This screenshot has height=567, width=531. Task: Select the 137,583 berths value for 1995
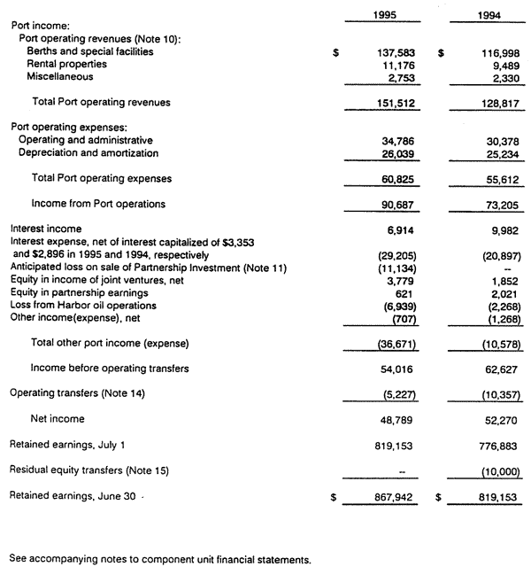pos(385,52)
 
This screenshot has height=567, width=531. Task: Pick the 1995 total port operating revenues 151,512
pos(385,103)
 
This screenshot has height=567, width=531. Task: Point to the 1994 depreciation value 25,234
pos(491,153)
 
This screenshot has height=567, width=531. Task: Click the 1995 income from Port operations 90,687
pos(387,205)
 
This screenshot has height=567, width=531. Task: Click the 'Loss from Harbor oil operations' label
pos(81,303)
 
